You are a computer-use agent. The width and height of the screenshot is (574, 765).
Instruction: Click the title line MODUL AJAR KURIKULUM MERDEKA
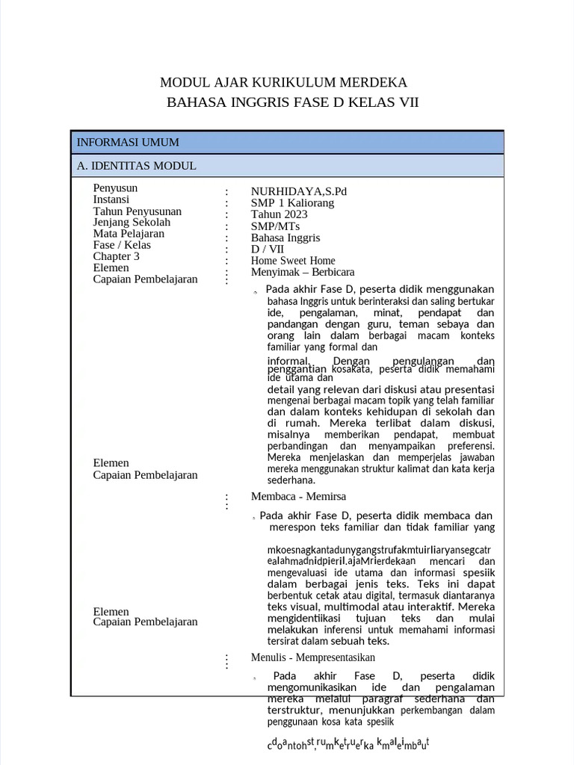[x=284, y=82]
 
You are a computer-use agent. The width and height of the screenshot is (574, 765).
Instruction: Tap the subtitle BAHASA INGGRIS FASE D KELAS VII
[x=292, y=102]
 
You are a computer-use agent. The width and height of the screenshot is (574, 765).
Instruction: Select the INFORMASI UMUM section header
[x=128, y=142]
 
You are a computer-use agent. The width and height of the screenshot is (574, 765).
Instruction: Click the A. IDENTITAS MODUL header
[x=137, y=166]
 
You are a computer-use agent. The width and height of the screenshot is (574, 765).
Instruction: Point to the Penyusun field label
[x=115, y=188]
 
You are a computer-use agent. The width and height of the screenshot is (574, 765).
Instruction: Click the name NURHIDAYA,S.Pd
[x=299, y=191]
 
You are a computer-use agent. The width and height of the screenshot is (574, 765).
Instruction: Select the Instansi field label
[x=111, y=199]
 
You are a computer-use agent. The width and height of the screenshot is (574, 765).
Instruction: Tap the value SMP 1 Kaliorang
[x=292, y=203]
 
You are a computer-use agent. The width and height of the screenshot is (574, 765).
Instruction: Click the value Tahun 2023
[x=279, y=214]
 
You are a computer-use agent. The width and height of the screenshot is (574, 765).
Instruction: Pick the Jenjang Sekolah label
[x=132, y=222]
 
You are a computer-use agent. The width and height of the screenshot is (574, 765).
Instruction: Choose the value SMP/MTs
[x=273, y=226]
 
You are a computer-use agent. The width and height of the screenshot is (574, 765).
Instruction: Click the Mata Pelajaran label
[x=129, y=233]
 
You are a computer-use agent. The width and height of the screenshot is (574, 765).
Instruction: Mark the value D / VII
[x=267, y=250]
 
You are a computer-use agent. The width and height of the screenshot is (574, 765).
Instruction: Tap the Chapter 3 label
[x=116, y=256]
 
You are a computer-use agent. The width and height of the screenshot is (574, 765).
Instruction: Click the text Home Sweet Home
[x=293, y=261]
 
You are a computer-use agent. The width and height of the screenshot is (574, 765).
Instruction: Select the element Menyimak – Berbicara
[x=303, y=272]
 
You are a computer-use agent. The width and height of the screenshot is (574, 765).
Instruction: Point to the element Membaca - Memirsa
[x=298, y=496]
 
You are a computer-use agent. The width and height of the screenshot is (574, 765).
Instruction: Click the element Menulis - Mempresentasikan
[x=312, y=657]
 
